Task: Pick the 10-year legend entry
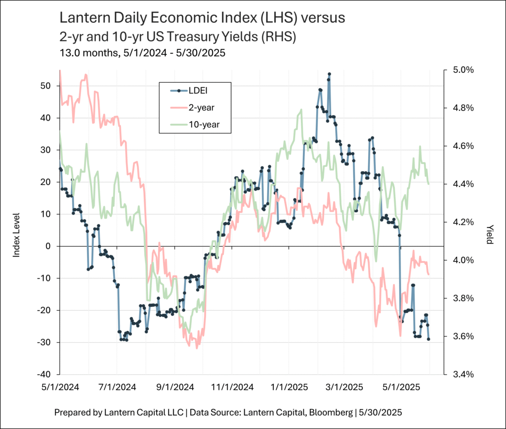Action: click(x=203, y=125)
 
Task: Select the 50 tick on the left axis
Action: click(x=45, y=86)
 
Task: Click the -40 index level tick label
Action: click(x=43, y=374)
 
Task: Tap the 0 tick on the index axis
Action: click(x=48, y=246)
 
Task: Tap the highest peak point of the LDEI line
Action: click(x=329, y=74)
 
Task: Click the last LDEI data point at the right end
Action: click(x=428, y=339)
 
